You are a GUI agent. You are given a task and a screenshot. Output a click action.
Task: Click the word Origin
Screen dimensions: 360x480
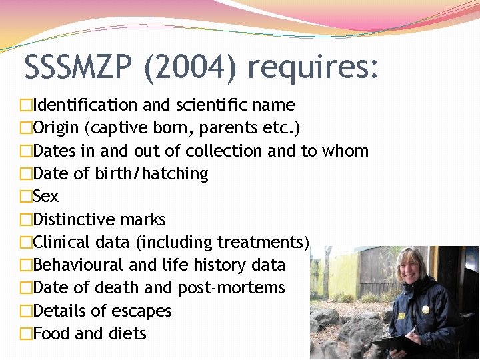point(55,127)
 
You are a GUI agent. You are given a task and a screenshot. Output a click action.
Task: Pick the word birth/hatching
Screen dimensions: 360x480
point(151,173)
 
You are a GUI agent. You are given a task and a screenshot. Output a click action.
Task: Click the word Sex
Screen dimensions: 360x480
point(45,197)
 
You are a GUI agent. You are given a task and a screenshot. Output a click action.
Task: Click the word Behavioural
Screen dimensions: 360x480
point(78,265)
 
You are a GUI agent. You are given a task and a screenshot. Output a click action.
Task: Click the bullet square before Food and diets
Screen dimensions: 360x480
point(26,334)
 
